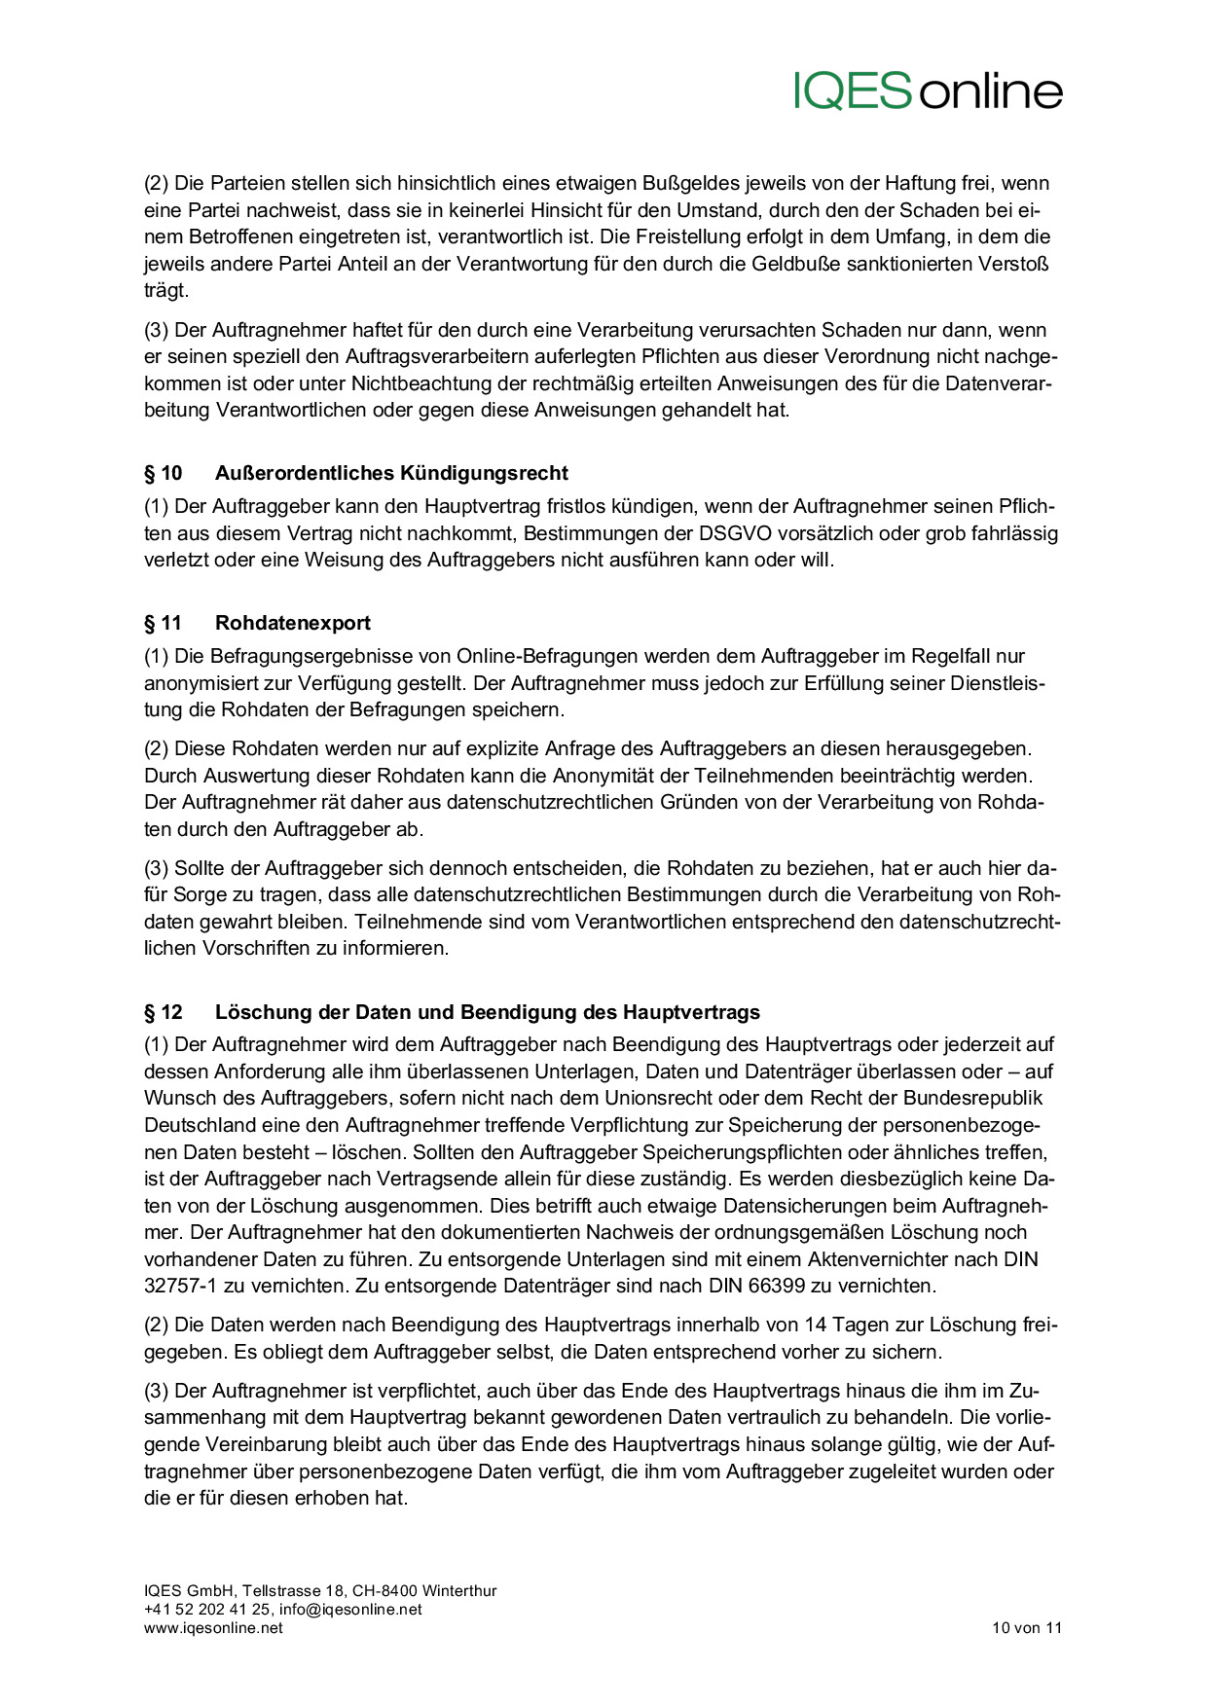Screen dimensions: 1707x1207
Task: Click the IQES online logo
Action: [x=928, y=91]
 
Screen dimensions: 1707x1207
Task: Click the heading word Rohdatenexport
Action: [x=293, y=623]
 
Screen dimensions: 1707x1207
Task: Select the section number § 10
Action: [x=164, y=473]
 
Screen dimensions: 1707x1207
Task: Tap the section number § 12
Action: [x=164, y=1012]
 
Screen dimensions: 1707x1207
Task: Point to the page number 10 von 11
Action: [x=1027, y=1627]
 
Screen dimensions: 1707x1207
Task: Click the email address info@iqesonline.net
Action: [x=350, y=1609]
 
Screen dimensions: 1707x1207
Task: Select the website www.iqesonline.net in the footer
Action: [x=213, y=1627]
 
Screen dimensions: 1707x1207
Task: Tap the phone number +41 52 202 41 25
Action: [x=207, y=1609]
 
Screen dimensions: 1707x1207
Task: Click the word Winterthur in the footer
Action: [x=459, y=1590]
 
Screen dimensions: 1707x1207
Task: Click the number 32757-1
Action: [x=181, y=1286]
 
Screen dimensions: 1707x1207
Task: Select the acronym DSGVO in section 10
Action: [x=733, y=533]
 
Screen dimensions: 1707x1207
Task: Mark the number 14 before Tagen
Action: [x=816, y=1325]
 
